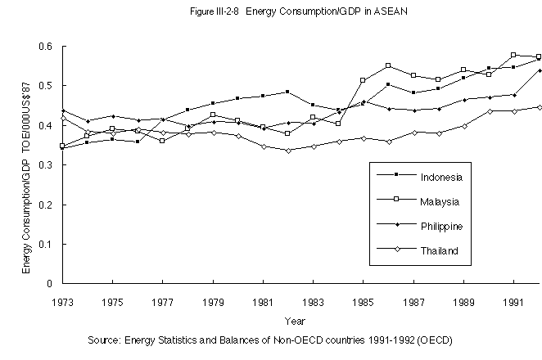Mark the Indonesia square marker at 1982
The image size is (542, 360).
tap(287, 92)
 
